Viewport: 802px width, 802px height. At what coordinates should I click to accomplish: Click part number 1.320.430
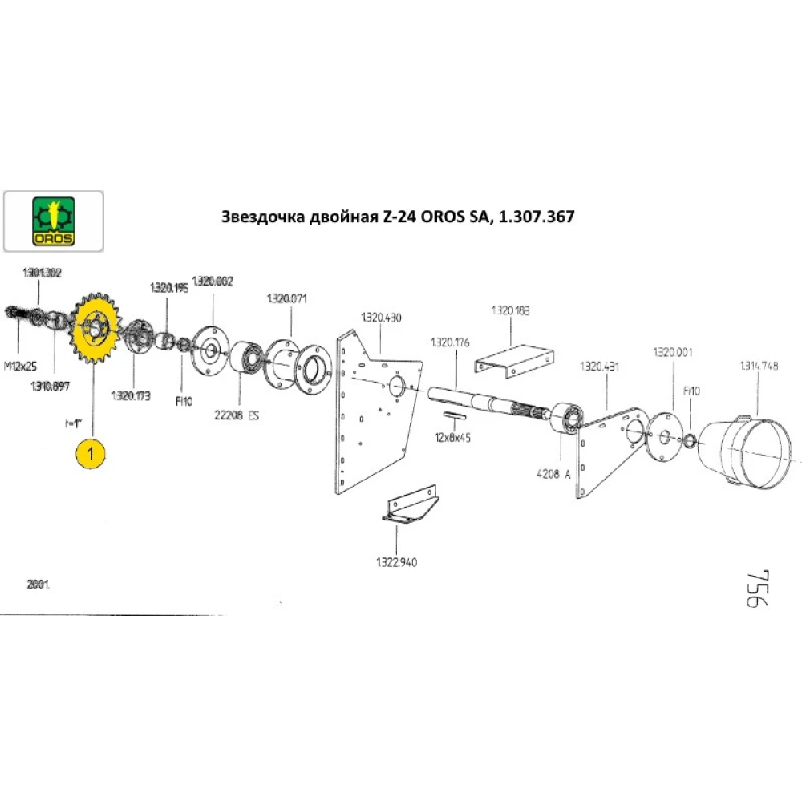click(x=381, y=317)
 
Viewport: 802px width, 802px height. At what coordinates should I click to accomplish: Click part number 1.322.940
click(x=398, y=561)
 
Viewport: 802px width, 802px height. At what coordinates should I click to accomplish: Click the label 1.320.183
click(x=510, y=310)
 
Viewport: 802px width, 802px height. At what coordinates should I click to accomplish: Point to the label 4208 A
click(x=555, y=473)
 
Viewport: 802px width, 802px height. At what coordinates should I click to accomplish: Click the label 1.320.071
click(x=286, y=298)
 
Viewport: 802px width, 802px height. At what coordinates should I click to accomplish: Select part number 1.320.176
click(x=451, y=342)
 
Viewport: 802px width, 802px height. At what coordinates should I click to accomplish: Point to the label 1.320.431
click(x=598, y=367)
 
